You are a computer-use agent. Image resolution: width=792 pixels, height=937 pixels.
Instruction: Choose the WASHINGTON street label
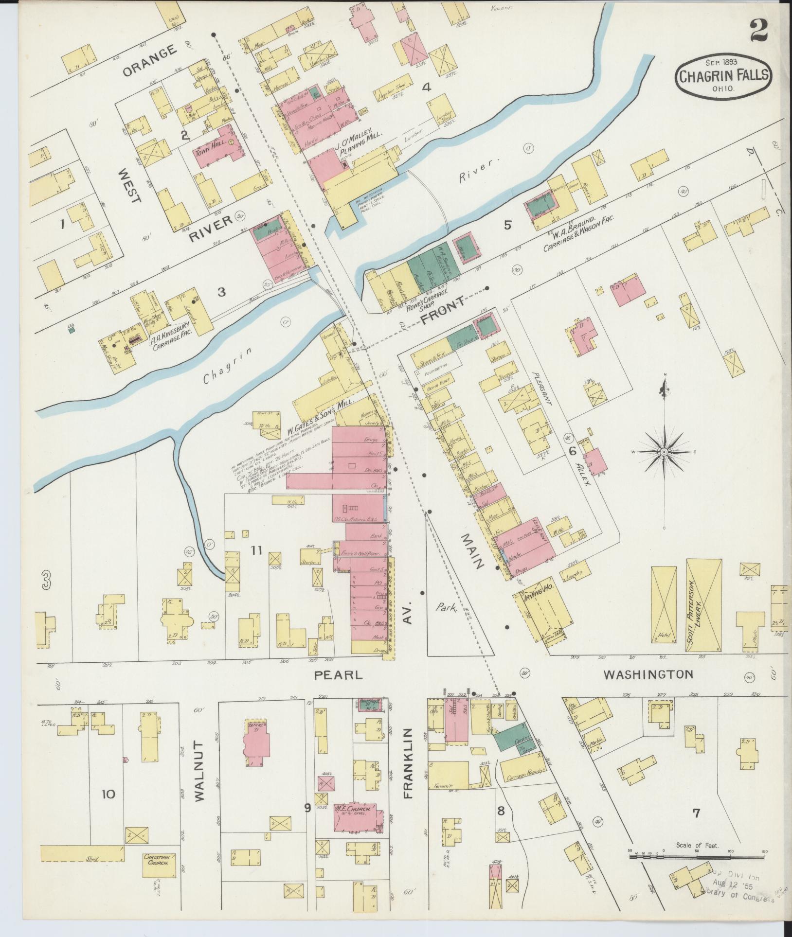pyautogui.click(x=648, y=674)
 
